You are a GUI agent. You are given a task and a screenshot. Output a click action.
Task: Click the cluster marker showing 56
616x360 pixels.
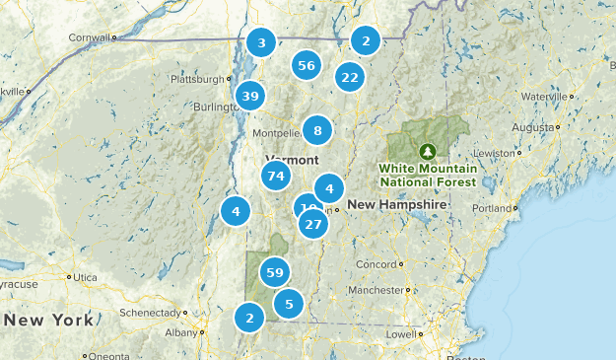point(307,66)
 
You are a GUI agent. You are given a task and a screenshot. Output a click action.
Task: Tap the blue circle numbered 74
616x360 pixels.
point(276,177)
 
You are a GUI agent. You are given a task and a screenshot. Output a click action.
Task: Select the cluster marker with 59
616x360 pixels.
point(275,272)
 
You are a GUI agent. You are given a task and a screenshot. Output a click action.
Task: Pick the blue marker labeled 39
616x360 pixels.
point(249,96)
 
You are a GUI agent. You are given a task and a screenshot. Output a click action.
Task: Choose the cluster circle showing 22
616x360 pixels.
point(349,77)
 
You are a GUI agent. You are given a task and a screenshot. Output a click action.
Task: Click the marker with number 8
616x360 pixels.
point(317,130)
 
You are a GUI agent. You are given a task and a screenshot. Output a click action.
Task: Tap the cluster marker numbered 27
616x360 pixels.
point(313,225)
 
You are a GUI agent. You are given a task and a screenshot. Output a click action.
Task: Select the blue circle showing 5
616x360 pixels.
point(289,304)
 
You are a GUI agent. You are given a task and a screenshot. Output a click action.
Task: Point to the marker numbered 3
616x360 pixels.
point(261,42)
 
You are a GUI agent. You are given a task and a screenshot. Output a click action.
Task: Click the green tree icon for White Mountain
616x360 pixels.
point(428,152)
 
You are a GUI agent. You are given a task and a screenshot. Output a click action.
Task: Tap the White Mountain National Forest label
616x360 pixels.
point(428,175)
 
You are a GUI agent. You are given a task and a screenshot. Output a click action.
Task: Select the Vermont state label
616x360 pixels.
point(292,160)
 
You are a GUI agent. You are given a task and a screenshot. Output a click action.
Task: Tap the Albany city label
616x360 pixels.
point(181,332)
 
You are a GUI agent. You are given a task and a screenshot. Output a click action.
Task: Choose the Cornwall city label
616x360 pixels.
point(88,37)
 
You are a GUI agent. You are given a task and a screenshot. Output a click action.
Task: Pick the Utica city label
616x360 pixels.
point(86,279)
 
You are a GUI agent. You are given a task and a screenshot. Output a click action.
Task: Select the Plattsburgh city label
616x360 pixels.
point(197,79)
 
